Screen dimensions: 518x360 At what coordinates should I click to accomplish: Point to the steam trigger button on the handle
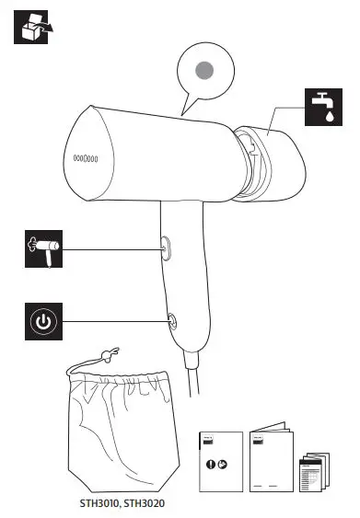(166, 246)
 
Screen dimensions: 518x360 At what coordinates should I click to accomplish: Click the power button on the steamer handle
(171, 320)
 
